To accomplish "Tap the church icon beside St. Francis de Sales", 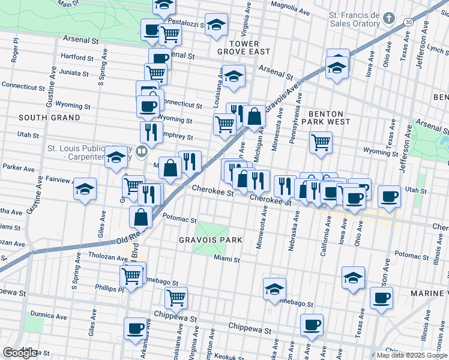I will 389,18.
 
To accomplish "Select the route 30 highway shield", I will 408,22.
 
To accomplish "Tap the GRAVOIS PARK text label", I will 210,240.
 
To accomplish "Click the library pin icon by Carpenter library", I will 141,152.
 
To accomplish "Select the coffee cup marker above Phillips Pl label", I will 134,328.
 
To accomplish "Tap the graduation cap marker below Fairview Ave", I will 85,189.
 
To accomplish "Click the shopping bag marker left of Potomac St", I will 140,217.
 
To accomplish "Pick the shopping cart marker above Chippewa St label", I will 176,297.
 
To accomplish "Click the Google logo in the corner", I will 20,353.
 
